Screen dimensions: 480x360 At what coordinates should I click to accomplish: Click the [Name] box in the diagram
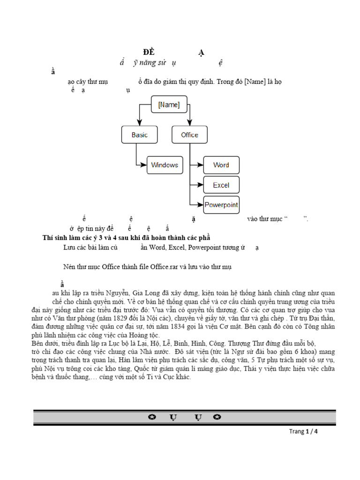click(x=169, y=105)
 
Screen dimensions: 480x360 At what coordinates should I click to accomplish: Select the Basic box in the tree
click(x=139, y=135)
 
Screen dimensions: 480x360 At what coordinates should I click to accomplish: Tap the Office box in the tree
click(x=189, y=135)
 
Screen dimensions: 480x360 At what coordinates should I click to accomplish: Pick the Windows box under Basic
click(x=165, y=165)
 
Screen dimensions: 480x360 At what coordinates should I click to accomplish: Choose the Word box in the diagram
click(x=221, y=165)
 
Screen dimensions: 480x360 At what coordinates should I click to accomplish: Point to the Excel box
click(x=221, y=185)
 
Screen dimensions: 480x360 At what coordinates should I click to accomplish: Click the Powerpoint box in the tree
click(x=221, y=205)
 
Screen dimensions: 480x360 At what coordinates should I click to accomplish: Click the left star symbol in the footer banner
click(x=152, y=418)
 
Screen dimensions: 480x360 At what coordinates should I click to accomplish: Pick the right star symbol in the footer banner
click(x=217, y=418)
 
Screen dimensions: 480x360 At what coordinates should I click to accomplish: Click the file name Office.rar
click(x=164, y=267)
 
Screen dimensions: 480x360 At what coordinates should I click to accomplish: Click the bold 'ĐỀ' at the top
click(x=149, y=52)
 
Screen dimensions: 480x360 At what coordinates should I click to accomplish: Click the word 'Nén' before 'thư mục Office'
click(x=69, y=267)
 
